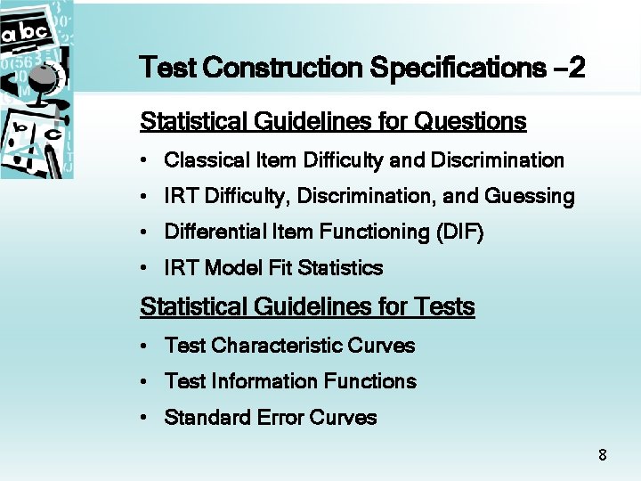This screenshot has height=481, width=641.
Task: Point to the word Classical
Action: click(197, 160)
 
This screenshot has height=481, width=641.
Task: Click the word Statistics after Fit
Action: click(341, 268)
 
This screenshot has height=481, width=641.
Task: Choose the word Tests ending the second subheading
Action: click(444, 307)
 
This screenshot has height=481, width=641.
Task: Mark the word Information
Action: click(265, 381)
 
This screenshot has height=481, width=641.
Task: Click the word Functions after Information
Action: click(370, 381)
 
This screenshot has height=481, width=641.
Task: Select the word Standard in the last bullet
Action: click(203, 418)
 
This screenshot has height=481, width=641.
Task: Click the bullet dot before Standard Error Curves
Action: click(144, 418)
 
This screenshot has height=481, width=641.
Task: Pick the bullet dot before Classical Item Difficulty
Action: click(144, 161)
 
